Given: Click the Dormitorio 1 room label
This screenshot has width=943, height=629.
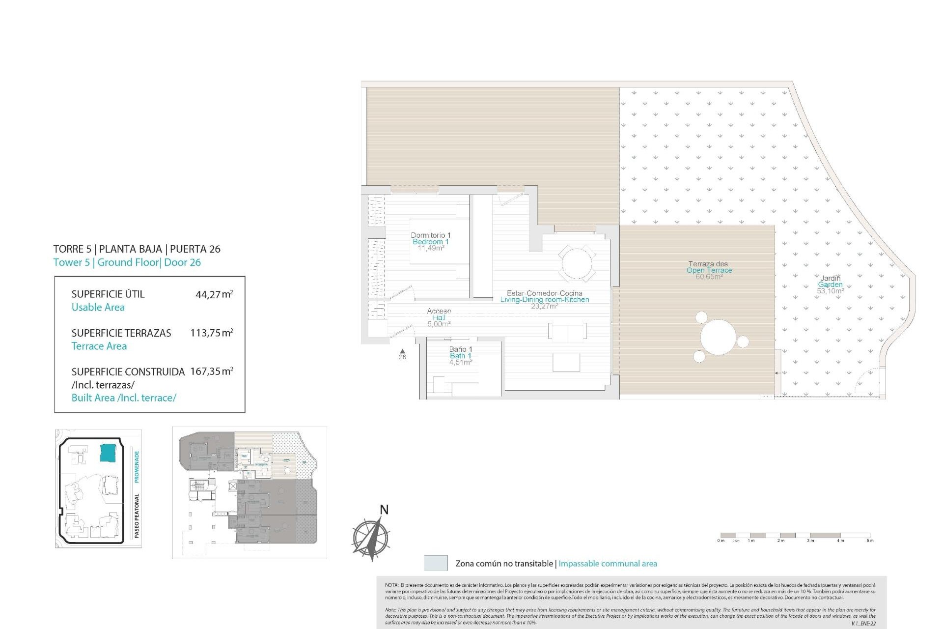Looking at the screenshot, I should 430,235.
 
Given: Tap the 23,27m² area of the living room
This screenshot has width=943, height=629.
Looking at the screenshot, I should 544,306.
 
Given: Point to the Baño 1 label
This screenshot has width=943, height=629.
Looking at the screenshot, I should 460,349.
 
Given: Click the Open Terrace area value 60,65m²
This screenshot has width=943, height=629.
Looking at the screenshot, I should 709,277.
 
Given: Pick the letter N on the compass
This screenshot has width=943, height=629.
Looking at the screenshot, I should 384,510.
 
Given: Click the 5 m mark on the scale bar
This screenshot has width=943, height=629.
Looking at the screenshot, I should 870,541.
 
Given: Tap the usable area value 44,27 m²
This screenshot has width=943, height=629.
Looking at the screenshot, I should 214,295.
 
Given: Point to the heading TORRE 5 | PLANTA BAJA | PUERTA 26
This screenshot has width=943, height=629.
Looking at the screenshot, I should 137,249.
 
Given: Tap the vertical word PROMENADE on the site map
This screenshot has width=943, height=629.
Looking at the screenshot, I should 137,466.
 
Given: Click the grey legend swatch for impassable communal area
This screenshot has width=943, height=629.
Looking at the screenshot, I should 436,563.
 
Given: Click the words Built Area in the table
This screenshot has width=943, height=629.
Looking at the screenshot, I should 93,398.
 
